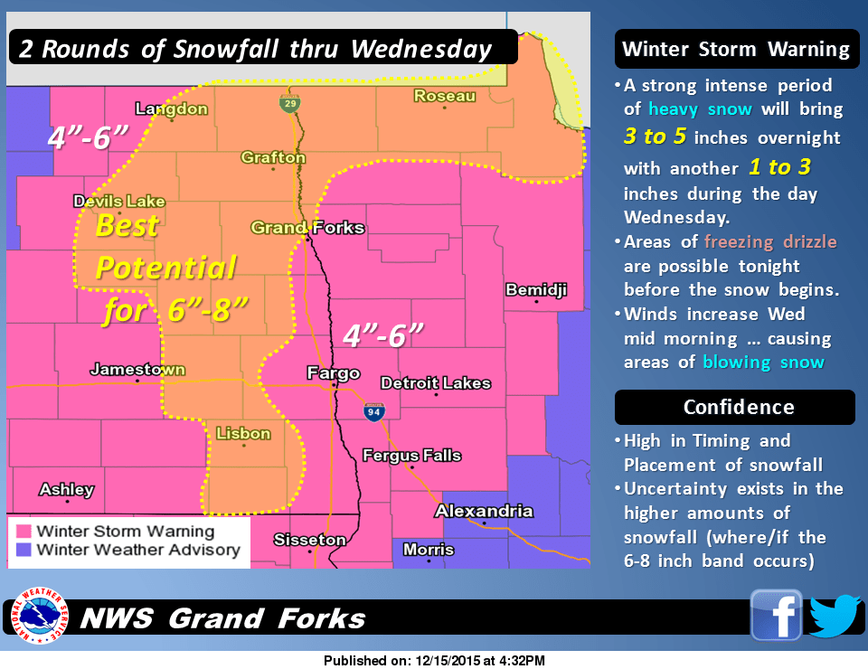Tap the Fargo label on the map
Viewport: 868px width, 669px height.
click(x=334, y=372)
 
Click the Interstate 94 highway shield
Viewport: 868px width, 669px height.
click(x=373, y=412)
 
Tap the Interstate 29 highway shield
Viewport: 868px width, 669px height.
click(x=288, y=105)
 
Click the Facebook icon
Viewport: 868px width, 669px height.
click(x=776, y=616)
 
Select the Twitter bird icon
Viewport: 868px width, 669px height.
click(x=833, y=616)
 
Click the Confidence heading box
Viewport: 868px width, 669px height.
click(x=734, y=408)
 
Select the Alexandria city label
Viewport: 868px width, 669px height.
click(x=484, y=511)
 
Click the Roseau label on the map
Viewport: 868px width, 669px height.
click(x=444, y=96)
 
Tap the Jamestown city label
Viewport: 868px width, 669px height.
click(x=137, y=369)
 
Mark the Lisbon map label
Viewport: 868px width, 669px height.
click(x=243, y=433)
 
